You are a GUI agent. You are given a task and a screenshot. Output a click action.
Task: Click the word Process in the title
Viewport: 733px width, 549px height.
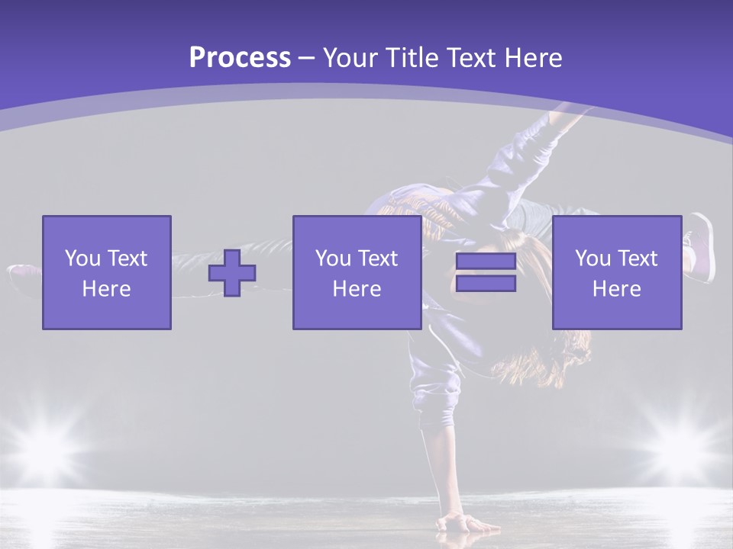(240, 58)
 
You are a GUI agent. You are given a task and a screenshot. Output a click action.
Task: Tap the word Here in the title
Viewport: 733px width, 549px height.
(533, 58)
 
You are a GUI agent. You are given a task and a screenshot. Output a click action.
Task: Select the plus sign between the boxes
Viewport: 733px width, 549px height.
(232, 273)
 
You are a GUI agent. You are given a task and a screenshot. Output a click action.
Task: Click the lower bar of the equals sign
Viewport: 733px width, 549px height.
(486, 283)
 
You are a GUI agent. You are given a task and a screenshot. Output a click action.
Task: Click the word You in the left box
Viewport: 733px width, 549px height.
(82, 258)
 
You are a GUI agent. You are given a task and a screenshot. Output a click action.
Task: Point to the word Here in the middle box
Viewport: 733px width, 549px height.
(357, 289)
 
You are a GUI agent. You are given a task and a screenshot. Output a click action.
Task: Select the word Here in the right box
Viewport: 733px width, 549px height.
(617, 289)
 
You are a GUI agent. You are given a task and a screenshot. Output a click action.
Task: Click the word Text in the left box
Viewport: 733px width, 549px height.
(128, 258)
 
